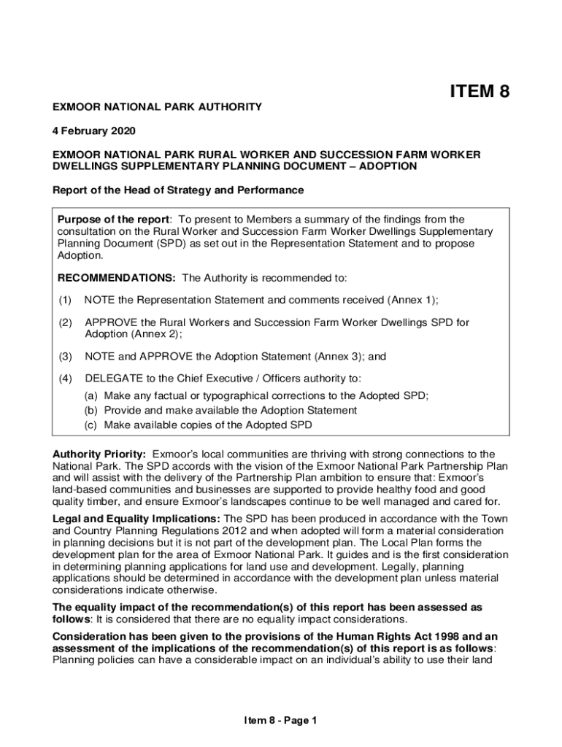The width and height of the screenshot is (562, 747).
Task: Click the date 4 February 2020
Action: (x=94, y=131)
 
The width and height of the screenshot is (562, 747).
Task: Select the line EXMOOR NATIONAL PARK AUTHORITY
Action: (x=157, y=107)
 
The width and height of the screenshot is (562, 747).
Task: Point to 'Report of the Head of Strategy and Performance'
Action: (x=178, y=190)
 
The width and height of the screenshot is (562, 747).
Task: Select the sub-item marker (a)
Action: (x=91, y=395)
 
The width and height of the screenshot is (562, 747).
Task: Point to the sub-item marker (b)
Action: (x=91, y=410)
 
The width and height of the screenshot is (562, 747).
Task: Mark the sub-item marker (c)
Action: (x=91, y=425)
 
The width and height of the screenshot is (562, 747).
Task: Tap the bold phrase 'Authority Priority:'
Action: (x=99, y=454)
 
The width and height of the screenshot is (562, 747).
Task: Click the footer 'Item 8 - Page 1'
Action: (x=281, y=721)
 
